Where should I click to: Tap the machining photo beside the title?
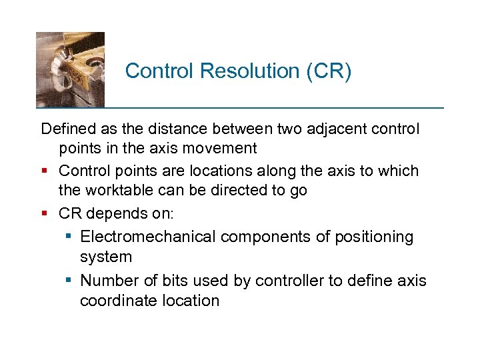point(70,69)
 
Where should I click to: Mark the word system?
point(106,257)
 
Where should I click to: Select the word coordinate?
point(119,301)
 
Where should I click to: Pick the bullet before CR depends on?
point(46,215)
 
